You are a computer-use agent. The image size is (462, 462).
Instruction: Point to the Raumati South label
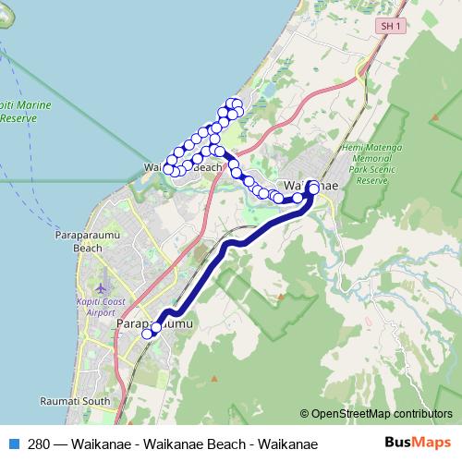point(76,402)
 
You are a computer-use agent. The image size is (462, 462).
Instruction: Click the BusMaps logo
point(418,444)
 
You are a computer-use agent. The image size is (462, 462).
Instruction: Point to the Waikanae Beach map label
point(184,168)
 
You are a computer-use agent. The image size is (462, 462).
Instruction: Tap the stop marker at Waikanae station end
point(313,188)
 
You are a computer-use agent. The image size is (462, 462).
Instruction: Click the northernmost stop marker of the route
point(237,103)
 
